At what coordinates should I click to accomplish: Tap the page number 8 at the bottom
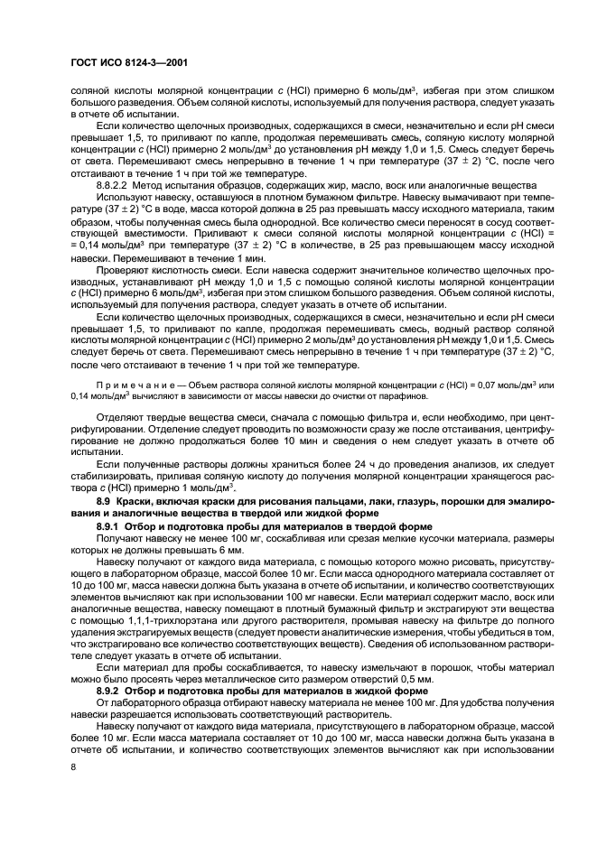click(72, 766)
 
